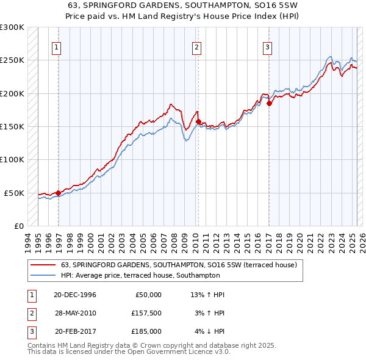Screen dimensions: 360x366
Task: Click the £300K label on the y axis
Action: (12, 27)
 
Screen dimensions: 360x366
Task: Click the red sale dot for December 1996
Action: (59, 193)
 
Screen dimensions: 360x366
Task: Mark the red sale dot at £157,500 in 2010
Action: (198, 122)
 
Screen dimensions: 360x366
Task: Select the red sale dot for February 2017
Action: (269, 104)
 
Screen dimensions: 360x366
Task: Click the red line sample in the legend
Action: (43, 265)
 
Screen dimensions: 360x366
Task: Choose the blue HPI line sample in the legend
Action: (43, 275)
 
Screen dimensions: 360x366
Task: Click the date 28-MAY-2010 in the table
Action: (76, 313)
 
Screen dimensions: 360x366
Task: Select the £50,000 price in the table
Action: (147, 295)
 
